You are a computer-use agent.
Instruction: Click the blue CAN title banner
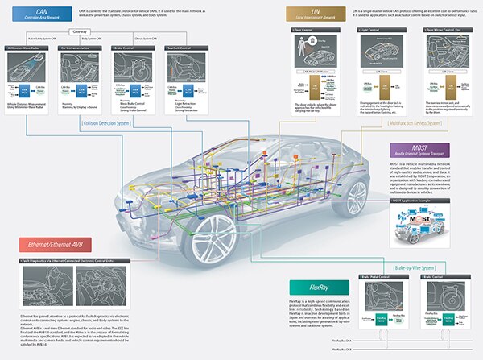(x=42, y=12)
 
